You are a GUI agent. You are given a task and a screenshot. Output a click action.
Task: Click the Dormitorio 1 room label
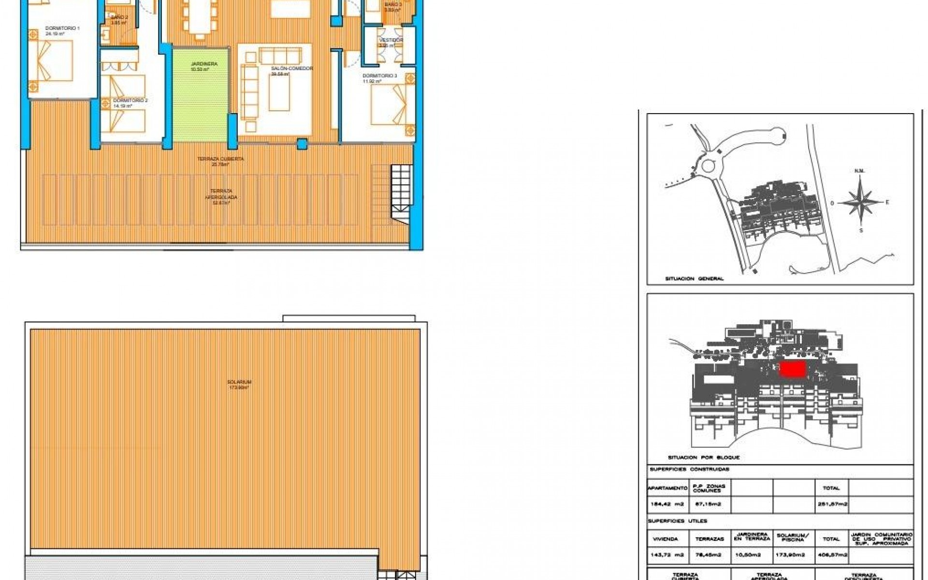pos(62,29)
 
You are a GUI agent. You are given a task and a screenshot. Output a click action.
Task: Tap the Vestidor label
pos(391,40)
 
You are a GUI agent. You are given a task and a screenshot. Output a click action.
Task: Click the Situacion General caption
pos(694,279)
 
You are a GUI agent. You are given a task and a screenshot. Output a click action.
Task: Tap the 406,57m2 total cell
pos(831,555)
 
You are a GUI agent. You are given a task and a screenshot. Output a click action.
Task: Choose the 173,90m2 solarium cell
pos(793,555)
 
